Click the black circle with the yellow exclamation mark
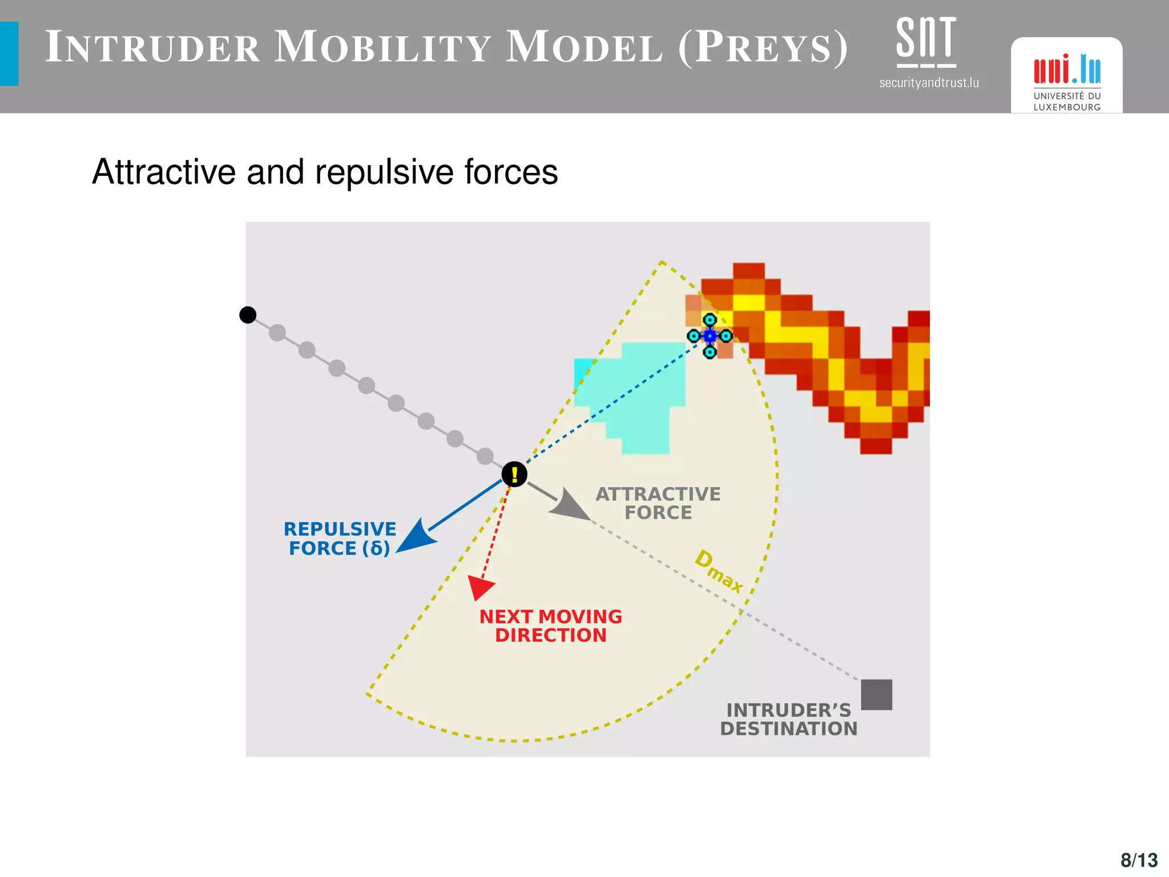[x=514, y=474]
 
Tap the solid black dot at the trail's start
[x=248, y=315]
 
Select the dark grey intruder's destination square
[x=876, y=694]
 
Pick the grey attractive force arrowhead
[x=569, y=504]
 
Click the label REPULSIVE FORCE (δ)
[x=340, y=538]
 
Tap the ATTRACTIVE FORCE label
[x=658, y=503]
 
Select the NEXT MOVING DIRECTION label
[x=550, y=626]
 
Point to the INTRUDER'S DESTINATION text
[x=788, y=719]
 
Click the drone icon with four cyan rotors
[x=710, y=336]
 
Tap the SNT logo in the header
[x=926, y=41]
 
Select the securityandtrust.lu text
[x=929, y=83]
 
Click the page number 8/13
[x=1139, y=860]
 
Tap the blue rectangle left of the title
[x=9, y=54]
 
